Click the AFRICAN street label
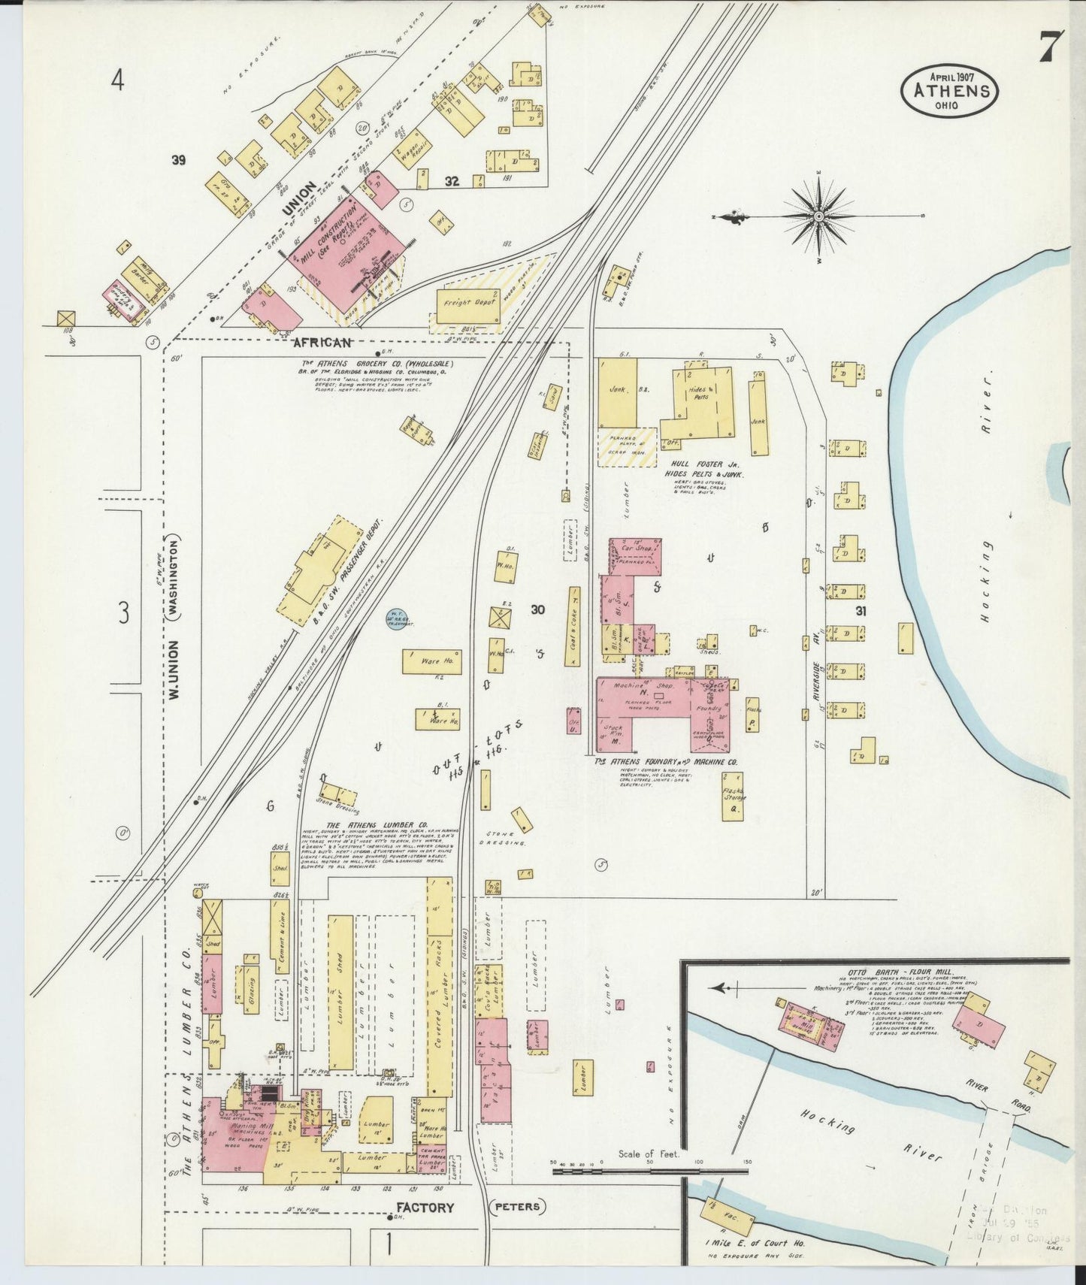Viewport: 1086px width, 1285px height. [322, 343]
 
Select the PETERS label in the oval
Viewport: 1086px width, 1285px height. [518, 1207]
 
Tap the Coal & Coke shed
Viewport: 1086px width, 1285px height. [573, 627]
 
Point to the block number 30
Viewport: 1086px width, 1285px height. [537, 610]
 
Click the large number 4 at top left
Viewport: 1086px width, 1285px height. [117, 79]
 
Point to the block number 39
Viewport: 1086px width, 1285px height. [178, 159]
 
